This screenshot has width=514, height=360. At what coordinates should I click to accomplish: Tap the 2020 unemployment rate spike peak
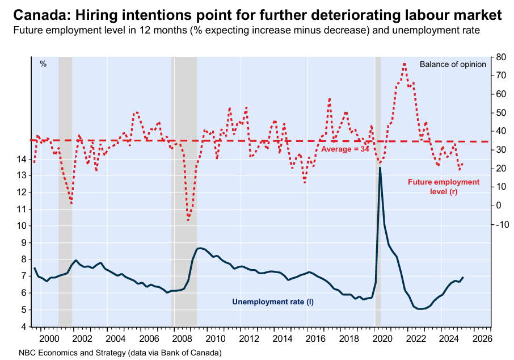click(380, 168)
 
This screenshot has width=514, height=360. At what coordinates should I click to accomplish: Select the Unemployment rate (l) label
click(273, 302)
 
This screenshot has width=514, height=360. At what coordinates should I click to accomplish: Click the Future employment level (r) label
click(444, 187)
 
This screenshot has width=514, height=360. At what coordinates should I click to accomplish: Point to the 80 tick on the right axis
click(500, 57)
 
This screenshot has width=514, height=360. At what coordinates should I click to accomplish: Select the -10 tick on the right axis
click(502, 224)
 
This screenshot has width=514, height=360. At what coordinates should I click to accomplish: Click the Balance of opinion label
click(453, 64)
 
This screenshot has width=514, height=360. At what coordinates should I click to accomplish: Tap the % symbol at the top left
click(43, 64)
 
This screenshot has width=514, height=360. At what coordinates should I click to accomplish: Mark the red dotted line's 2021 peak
click(404, 64)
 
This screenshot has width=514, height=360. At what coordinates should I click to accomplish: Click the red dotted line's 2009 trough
click(188, 219)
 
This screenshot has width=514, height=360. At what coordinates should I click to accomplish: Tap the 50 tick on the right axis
click(500, 112)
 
